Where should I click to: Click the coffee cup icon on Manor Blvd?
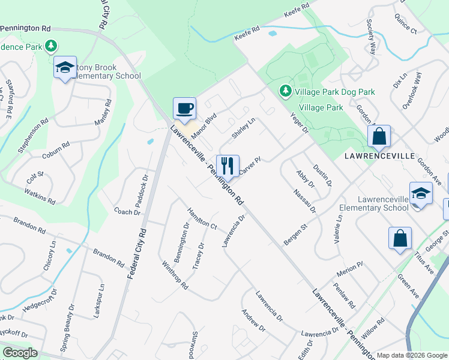(x=184, y=109)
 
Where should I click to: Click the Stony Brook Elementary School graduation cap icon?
(x=65, y=68)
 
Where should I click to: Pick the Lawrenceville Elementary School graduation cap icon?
(x=421, y=194)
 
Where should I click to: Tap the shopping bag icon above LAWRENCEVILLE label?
(x=379, y=136)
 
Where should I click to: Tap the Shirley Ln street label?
(x=243, y=128)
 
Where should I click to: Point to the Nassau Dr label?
(x=305, y=201)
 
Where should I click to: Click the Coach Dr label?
(x=127, y=211)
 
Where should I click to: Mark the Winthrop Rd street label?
(x=175, y=275)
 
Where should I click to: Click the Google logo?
(x=20, y=353)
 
